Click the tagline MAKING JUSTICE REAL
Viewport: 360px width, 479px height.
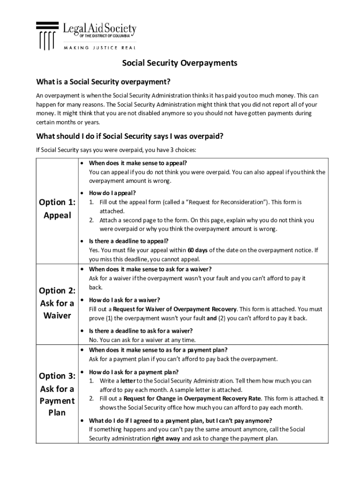point(100,47)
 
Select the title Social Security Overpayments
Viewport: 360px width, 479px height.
point(180,63)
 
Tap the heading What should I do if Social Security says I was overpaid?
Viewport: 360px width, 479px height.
point(130,136)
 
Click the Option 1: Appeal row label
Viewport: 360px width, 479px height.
point(57,209)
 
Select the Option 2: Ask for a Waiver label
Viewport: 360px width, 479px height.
point(57,303)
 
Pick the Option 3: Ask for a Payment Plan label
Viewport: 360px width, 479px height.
point(57,394)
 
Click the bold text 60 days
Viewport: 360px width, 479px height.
point(197,250)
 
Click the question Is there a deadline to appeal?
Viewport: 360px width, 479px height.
point(129,241)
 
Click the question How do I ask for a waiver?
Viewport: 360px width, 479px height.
point(124,300)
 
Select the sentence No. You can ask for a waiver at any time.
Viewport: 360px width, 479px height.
point(142,340)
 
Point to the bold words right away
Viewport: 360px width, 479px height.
point(166,439)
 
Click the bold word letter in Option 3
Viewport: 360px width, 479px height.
point(128,381)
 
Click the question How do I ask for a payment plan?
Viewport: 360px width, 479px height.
point(133,372)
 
